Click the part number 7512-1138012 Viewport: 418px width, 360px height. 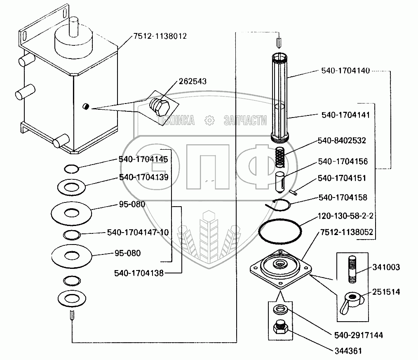(160, 36)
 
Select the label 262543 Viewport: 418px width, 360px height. (193, 81)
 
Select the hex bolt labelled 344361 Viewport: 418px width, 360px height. (281, 329)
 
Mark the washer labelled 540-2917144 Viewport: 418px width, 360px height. (280, 308)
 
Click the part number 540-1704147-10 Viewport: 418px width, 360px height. (138, 232)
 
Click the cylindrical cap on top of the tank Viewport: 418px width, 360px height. (74, 42)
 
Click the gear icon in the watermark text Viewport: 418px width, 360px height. (209, 120)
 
